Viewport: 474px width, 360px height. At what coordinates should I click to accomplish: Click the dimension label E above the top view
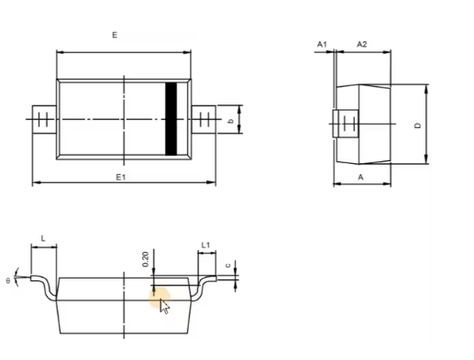[115, 35]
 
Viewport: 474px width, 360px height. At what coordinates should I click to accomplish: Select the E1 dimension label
[121, 177]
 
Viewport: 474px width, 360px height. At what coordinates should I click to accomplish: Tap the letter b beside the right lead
[231, 121]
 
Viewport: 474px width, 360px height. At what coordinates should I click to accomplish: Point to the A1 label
[322, 45]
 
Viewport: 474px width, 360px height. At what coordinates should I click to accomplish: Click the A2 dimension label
[362, 44]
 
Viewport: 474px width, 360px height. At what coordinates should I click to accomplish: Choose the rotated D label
[418, 125]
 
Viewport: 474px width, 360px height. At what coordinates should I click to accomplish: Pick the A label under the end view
[361, 177]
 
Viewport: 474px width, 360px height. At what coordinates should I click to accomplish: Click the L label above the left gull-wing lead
[43, 239]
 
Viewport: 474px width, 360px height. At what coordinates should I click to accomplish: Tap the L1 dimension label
[205, 245]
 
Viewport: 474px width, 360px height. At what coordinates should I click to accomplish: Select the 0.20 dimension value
[146, 259]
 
